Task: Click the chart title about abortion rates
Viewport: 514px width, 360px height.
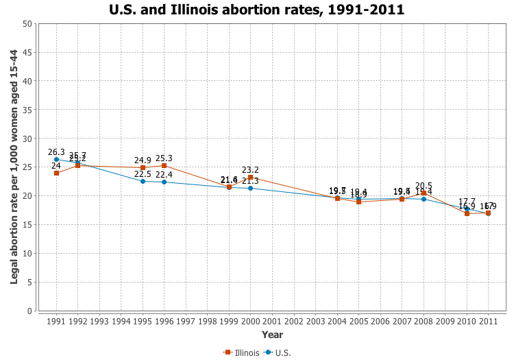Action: tap(256, 10)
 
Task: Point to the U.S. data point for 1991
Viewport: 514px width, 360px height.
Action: tap(56, 160)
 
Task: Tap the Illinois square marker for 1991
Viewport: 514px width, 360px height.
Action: tap(56, 173)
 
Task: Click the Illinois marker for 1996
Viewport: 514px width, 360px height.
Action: tap(164, 165)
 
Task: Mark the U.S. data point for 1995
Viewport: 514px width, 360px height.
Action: tap(143, 181)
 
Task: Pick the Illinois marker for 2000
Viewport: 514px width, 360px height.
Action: tap(250, 178)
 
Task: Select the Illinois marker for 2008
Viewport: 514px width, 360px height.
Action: tap(424, 193)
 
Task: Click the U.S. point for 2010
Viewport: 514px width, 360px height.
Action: tap(467, 209)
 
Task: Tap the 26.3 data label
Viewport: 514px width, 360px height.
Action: tap(56, 152)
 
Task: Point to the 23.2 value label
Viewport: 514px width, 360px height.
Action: tap(250, 170)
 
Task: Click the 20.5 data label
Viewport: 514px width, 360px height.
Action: tap(424, 186)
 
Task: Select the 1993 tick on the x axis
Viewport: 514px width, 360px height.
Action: tap(99, 321)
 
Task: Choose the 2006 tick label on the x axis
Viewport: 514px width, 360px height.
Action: tap(380, 321)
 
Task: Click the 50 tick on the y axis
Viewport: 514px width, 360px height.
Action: tap(27, 24)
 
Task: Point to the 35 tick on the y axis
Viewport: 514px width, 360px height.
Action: tap(27, 110)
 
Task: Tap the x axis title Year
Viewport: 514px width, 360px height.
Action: tap(272, 335)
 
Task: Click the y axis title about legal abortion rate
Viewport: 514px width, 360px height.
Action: tap(14, 167)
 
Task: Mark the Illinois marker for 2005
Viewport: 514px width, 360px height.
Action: tap(358, 202)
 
